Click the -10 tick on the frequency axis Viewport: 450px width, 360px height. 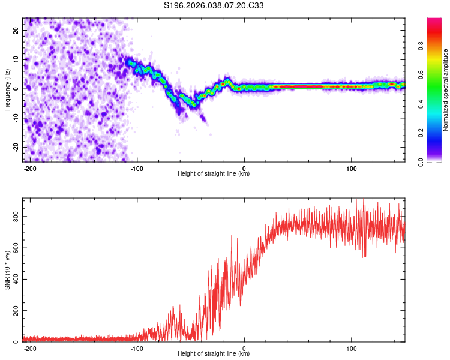point(16,118)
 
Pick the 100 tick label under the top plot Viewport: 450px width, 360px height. point(351,168)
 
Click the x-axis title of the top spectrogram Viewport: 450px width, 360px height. point(214,174)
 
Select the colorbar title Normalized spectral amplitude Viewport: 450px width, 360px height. point(446,90)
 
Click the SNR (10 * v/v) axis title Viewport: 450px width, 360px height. point(8,270)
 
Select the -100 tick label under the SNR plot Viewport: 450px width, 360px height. point(137,348)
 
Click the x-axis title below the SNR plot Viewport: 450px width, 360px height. point(214,354)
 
